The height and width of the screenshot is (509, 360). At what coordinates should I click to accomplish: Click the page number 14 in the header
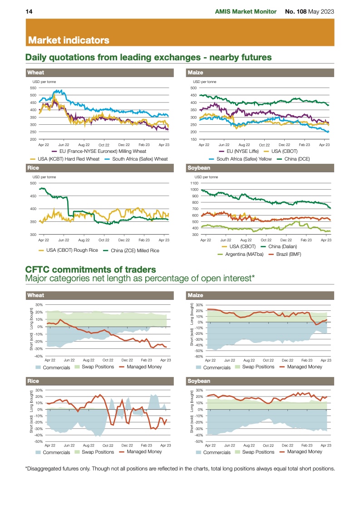tap(28, 11)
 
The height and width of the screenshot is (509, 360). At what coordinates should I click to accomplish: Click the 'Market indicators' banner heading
tap(69, 40)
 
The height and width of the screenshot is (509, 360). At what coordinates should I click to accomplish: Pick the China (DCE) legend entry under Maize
tap(296, 159)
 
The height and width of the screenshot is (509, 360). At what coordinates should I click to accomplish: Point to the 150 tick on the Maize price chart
tap(193, 139)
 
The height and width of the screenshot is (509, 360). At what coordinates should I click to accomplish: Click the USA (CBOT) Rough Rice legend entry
tap(71, 250)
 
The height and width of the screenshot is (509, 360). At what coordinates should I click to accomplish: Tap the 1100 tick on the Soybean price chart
tap(194, 183)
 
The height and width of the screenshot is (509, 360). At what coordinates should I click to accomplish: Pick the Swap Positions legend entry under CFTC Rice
tap(98, 452)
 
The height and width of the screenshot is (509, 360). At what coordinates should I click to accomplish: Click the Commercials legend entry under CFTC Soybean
tap(217, 452)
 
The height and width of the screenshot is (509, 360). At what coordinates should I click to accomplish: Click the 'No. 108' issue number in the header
tap(295, 11)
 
